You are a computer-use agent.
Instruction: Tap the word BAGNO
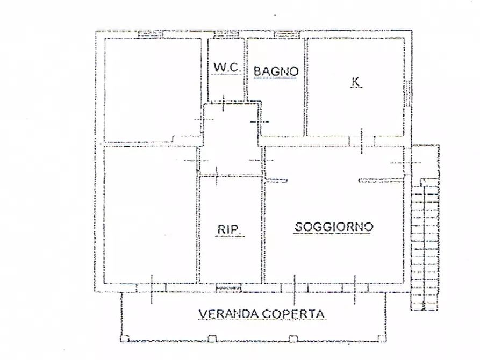(x=276, y=70)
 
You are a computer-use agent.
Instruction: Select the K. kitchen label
(x=356, y=82)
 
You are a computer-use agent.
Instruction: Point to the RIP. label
(x=231, y=230)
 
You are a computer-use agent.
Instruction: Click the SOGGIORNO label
(x=333, y=227)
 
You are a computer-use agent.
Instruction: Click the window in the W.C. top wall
(x=226, y=35)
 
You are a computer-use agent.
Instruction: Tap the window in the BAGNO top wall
(x=282, y=35)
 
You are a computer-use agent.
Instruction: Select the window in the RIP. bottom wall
(x=228, y=288)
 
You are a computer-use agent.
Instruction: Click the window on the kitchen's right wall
(x=408, y=91)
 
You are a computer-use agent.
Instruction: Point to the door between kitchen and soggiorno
(x=362, y=140)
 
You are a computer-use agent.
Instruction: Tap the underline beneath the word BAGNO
(x=276, y=78)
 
